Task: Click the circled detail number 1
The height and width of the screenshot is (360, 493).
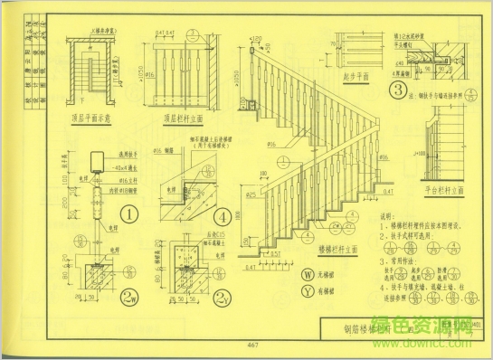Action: [x=129, y=215]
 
